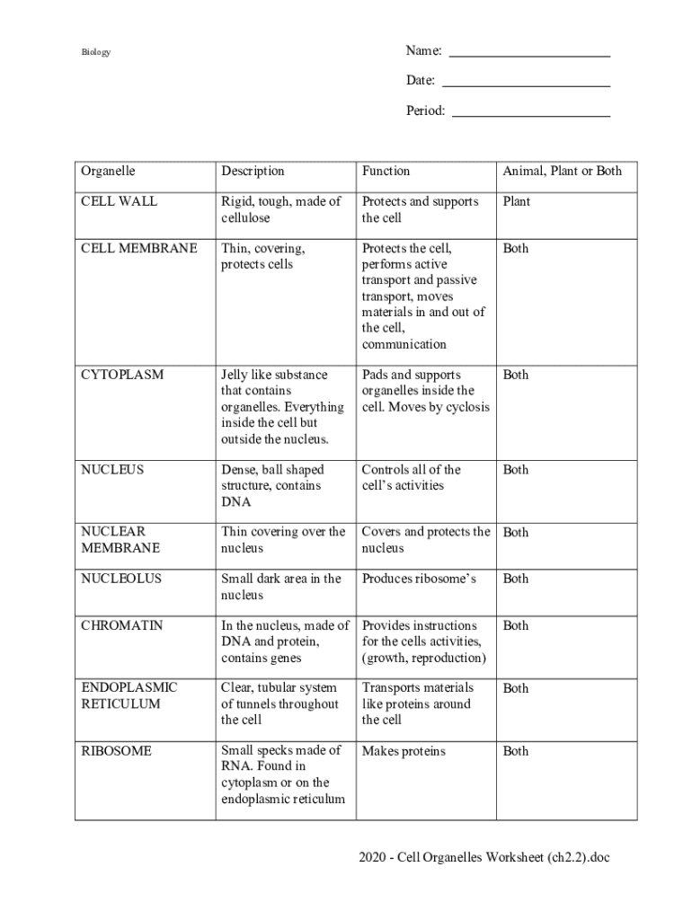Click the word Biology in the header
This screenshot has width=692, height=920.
(x=96, y=52)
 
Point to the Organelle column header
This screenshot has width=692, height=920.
(x=108, y=171)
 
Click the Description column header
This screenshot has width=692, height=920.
(x=253, y=171)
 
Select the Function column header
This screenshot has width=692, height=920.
(x=386, y=171)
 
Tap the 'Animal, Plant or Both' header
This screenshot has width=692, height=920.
(x=562, y=171)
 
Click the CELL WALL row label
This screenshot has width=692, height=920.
(x=119, y=201)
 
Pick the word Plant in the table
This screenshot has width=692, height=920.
(x=517, y=201)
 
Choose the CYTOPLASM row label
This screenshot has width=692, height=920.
(x=122, y=375)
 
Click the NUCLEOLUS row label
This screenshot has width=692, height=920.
(x=121, y=579)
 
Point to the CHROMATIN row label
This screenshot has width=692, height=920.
(x=122, y=625)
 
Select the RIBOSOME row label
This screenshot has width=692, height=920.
(x=116, y=751)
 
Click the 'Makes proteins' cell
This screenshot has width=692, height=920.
(x=404, y=751)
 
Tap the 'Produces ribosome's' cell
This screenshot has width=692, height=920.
(x=419, y=579)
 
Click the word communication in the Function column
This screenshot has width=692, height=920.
(x=404, y=344)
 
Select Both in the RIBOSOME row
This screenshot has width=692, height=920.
(x=516, y=751)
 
